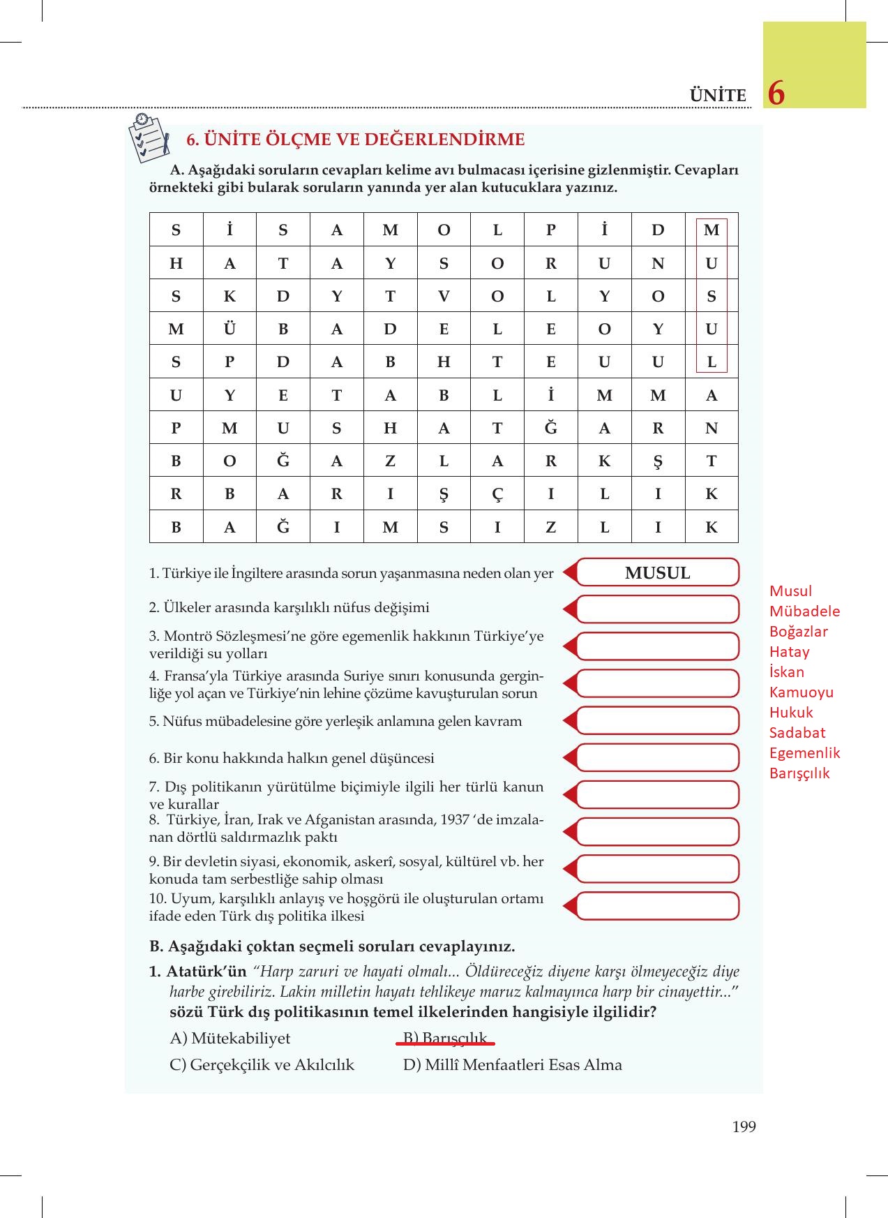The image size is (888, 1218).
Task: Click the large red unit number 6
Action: coord(776,93)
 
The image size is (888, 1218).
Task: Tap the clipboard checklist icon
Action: coord(149,138)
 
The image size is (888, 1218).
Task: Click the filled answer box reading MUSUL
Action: coord(657,573)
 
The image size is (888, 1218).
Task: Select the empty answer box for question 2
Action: coord(657,609)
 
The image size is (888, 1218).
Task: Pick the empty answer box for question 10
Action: coord(657,906)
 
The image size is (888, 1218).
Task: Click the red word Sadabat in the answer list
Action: coord(797,733)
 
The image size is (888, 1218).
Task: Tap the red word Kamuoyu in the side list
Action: coord(801,692)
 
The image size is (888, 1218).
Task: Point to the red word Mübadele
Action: coord(804,611)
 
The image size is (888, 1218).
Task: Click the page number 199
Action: coord(744,1127)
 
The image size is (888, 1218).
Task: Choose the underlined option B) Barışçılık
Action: coord(445,1038)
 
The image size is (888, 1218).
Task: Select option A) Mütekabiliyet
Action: coord(230,1038)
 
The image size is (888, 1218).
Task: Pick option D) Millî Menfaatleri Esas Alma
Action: coord(512,1065)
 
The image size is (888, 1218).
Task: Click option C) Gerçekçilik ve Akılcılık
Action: coord(262,1065)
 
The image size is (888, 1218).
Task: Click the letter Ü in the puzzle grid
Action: coord(229,329)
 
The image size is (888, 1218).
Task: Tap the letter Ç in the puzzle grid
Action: coord(497,494)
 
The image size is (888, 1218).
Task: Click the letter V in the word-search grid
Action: coord(444,296)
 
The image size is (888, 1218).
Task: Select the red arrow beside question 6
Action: coord(569,758)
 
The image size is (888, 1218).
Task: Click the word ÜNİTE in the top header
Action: coord(717,96)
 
